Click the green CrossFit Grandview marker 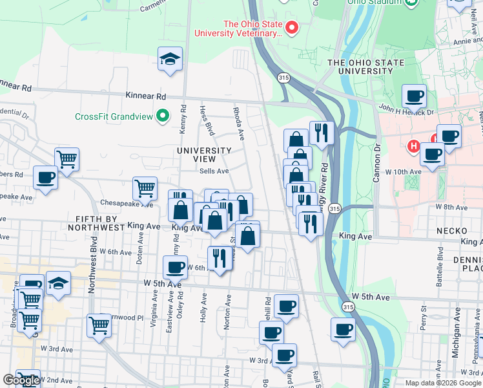pyautogui.click(x=163, y=116)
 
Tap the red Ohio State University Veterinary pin pyautogui.click(x=292, y=28)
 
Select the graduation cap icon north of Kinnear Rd pyautogui.click(x=170, y=59)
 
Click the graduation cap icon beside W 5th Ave pyautogui.click(x=58, y=283)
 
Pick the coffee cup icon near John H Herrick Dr pyautogui.click(x=414, y=96)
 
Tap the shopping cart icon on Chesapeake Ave pyautogui.click(x=145, y=188)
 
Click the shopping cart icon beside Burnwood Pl pyautogui.click(x=99, y=325)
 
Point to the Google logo pyautogui.click(x=21, y=380)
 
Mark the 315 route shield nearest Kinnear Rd pyautogui.click(x=283, y=78)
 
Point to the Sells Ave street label pyautogui.click(x=214, y=171)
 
